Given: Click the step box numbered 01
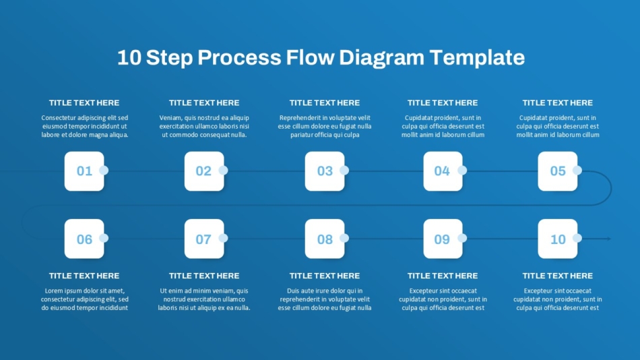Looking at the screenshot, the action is point(84,171).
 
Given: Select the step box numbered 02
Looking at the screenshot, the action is point(204,171).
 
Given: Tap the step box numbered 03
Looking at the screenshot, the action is point(325,171).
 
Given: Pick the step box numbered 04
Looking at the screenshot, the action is point(443,171).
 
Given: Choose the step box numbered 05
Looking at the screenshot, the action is point(558,171).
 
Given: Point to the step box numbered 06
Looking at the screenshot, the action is point(84,239).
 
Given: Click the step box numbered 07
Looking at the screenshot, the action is point(204,239).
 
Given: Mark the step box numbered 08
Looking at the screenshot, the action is point(325,239).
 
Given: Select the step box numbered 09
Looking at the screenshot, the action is point(443,239).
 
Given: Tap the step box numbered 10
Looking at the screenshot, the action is point(558,239).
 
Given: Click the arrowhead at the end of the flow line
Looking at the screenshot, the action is point(609,239).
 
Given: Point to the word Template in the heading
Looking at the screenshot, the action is point(477,57).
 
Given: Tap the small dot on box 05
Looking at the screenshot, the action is point(577,171).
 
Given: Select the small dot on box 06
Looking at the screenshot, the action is point(104,238).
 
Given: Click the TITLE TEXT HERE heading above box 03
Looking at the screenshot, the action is point(325,103).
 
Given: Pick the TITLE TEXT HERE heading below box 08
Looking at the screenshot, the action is point(325,276).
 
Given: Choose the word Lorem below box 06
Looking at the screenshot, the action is point(53,291).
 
